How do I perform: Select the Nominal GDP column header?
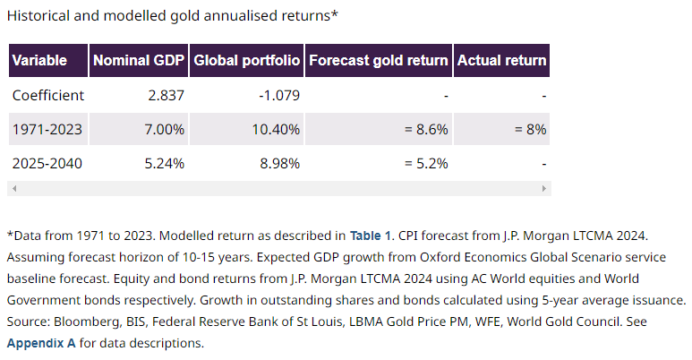139,61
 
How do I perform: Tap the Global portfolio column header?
246,61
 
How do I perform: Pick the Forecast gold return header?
378,61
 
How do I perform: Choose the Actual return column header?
501,61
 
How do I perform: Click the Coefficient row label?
48,95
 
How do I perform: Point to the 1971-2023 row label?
47,130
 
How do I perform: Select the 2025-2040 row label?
47,165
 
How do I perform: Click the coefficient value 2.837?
166,95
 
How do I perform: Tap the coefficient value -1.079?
278,95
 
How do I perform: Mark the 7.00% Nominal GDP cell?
166,130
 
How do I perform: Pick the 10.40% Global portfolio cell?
277,130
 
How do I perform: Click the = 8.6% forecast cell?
424,130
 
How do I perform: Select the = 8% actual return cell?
530,130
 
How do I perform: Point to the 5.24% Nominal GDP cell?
166,165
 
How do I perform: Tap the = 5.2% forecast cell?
424,165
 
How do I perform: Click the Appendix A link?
41,343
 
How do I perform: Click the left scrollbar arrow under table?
13,189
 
